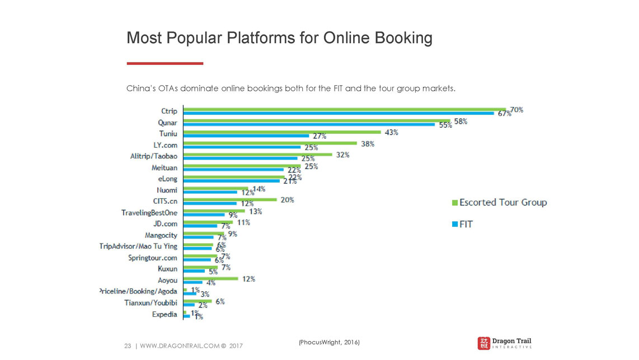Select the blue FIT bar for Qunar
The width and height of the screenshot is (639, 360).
[309, 124]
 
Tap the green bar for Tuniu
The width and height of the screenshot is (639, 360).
[282, 132]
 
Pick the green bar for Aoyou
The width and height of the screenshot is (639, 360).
[211, 278]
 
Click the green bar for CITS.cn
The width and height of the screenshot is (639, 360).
[230, 199]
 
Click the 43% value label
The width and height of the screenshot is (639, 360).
[391, 132]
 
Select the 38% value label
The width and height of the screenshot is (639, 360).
[368, 143]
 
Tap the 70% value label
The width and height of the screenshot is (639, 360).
[516, 110]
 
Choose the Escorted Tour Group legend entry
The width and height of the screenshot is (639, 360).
[499, 202]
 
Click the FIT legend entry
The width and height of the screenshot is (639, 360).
[463, 225]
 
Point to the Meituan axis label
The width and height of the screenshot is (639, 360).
[164, 167]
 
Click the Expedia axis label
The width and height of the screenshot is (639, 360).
[165, 314]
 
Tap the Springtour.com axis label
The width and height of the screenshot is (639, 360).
[152, 258]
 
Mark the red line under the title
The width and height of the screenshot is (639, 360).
[165, 63]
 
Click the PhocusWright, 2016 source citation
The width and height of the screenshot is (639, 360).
[329, 342]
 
